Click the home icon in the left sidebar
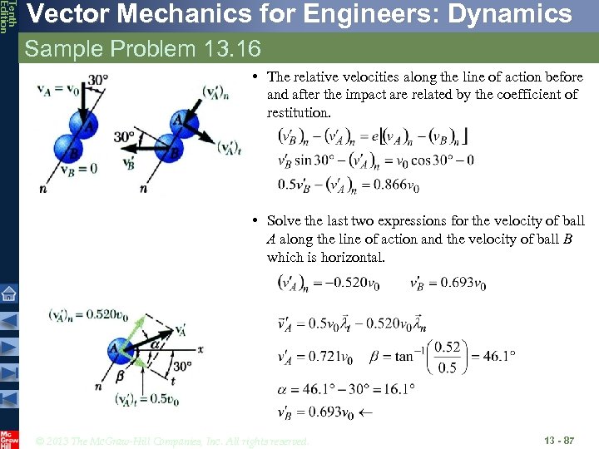(x=8, y=294)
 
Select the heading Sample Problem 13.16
(x=142, y=49)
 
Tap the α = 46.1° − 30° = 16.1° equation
(x=346, y=387)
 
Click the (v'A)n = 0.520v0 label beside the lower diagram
(x=87, y=314)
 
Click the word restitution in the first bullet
(x=298, y=112)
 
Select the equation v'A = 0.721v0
(x=314, y=358)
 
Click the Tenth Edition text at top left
(x=7, y=17)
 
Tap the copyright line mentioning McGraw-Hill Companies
(x=172, y=440)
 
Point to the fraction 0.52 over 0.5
(x=447, y=358)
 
